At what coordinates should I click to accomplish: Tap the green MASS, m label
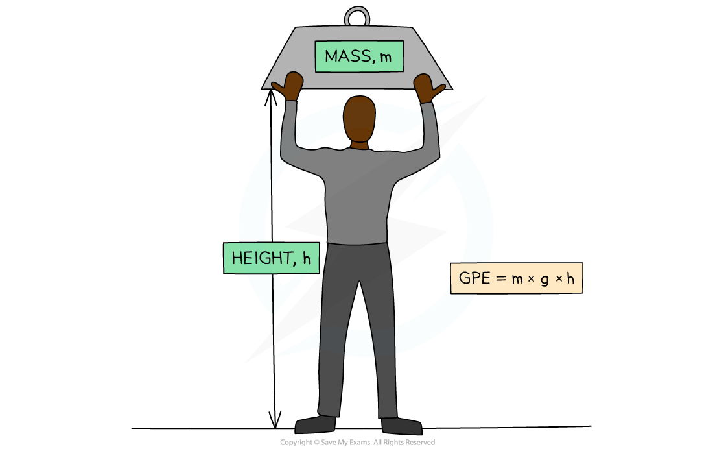359,56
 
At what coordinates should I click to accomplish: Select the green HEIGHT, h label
272,258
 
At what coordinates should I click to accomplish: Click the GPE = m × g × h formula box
517,278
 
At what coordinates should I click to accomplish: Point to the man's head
359,119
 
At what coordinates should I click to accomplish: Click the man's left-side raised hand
289,86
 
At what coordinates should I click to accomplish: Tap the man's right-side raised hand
428,88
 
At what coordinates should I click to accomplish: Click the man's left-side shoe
315,424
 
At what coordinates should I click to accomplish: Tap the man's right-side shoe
401,426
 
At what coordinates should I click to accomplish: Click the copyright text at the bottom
357,442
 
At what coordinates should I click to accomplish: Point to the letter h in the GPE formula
570,278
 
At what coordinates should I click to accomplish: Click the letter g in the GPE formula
544,280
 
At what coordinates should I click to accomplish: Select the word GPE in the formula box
474,278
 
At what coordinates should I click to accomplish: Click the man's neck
359,145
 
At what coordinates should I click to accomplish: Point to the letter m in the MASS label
386,57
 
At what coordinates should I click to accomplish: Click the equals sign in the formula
500,278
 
